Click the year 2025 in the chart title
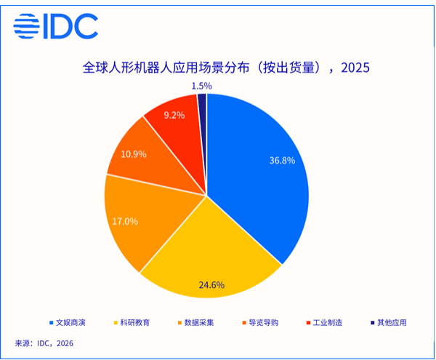click(355, 68)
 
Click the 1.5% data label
click(202, 86)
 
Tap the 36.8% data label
click(281, 161)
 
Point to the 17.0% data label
click(124, 220)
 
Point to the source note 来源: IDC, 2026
click(44, 343)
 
